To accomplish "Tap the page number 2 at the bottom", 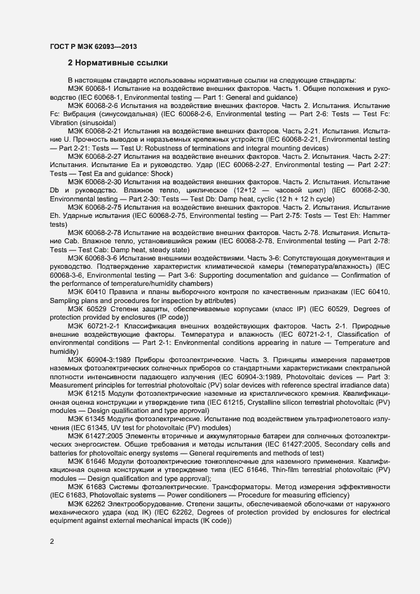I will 52,542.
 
